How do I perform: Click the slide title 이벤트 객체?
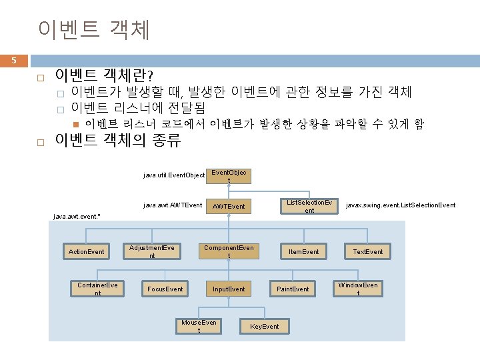tap(95, 29)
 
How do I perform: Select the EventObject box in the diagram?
tap(229, 176)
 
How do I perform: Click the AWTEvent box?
tap(229, 206)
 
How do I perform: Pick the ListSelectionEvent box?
tap(309, 206)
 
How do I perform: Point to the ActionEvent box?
tap(87, 251)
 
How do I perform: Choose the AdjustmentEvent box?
tap(152, 251)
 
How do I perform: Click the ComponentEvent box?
tap(229, 251)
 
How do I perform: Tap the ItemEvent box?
tap(303, 251)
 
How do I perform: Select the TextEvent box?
tap(368, 251)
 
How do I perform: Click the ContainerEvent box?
tap(97, 289)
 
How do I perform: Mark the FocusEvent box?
tap(165, 289)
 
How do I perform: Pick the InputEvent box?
tap(229, 289)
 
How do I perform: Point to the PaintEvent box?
tap(293, 289)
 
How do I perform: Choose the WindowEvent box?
tap(358, 289)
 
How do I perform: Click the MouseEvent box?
tap(199, 326)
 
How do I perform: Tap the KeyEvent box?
tap(264, 326)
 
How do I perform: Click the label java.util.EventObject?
tap(174, 175)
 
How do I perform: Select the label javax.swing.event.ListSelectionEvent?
tap(401, 205)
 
